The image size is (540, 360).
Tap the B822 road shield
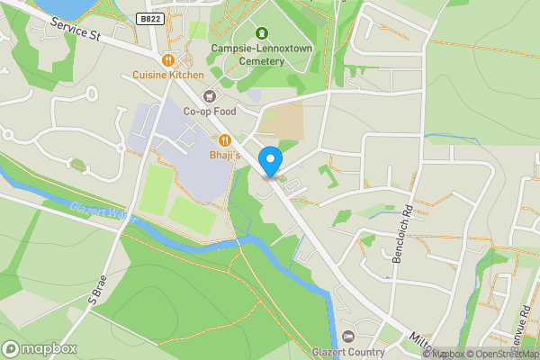coord(150,19)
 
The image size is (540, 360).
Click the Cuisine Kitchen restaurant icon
coord(167,60)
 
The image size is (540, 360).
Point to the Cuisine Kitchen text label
coord(167,76)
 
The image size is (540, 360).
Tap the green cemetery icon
coord(262,33)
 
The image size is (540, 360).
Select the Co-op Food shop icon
coord(210,96)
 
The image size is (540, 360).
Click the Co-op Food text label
coord(209,112)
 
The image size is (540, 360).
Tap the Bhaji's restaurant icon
coord(224,140)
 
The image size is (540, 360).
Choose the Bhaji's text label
coord(225,156)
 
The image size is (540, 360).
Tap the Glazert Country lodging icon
coord(348,336)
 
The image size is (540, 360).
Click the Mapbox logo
coord(39,348)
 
